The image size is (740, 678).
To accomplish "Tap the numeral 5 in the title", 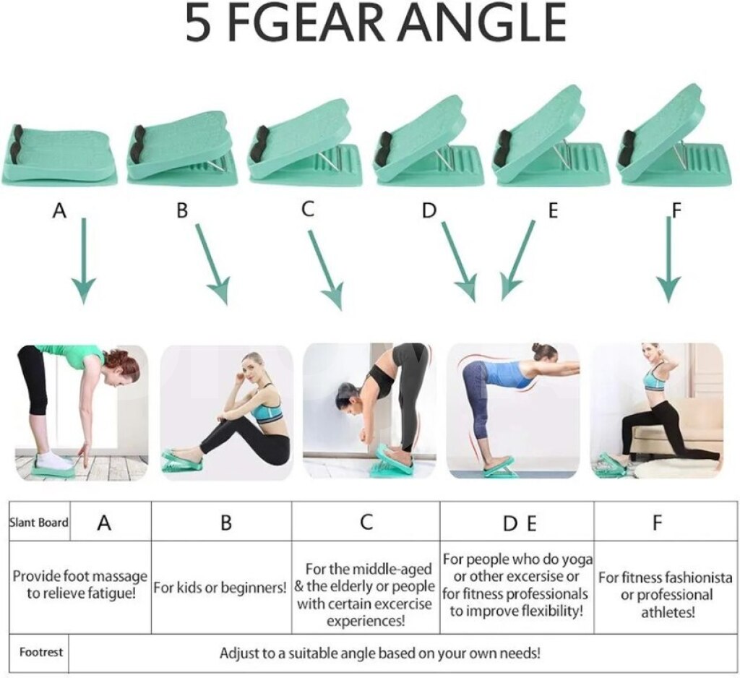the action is (x=197, y=22).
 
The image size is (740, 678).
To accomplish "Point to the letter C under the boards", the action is (x=308, y=209).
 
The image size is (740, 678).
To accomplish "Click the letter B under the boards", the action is (x=182, y=210).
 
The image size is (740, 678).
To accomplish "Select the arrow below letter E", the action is (x=518, y=261).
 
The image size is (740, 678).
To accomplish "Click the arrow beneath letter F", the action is (x=667, y=259).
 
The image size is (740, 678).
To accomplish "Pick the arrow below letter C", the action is (x=326, y=270).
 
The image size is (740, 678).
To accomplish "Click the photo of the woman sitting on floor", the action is (x=226, y=413).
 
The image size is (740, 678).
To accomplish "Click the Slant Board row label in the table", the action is (x=39, y=523).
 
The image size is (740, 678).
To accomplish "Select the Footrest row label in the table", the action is (x=41, y=653).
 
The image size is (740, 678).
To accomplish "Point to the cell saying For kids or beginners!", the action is (x=220, y=588).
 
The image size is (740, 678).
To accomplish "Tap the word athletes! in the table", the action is (x=668, y=612).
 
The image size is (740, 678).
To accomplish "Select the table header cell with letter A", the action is (x=104, y=521).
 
